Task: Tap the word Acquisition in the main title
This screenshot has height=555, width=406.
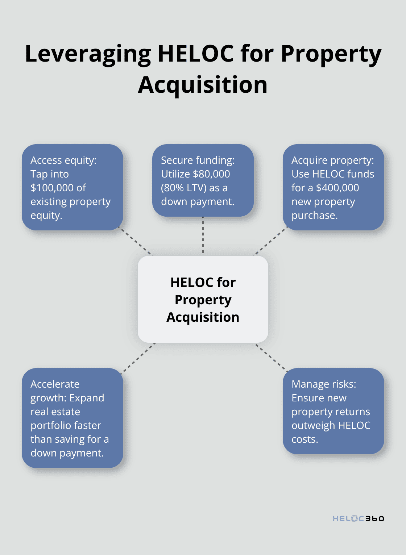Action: click(x=203, y=85)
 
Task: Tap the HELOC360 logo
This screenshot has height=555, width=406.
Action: click(x=358, y=518)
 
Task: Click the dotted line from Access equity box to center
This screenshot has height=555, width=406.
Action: click(x=136, y=242)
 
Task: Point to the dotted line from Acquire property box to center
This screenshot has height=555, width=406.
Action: click(x=270, y=242)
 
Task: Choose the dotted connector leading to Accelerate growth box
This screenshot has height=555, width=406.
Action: click(x=139, y=357)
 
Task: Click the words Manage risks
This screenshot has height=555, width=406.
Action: click(x=324, y=384)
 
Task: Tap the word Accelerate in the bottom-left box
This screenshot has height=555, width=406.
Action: click(x=55, y=384)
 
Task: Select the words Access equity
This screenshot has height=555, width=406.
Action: click(x=63, y=160)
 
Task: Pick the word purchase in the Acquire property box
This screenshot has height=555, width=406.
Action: click(x=314, y=216)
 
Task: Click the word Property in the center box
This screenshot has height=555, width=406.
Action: click(x=203, y=300)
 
